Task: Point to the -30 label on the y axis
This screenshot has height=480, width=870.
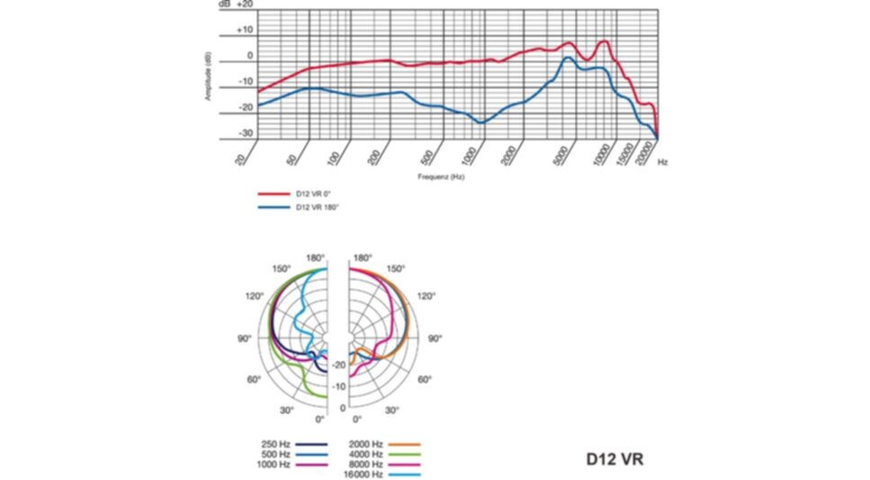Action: click(x=244, y=133)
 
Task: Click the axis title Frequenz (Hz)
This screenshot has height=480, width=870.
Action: click(x=441, y=177)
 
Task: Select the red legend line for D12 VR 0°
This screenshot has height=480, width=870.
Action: click(x=272, y=194)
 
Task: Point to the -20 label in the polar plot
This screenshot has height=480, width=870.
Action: click(x=338, y=365)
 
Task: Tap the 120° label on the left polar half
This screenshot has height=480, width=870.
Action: click(x=254, y=295)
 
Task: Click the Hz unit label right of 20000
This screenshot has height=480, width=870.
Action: click(x=663, y=162)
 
